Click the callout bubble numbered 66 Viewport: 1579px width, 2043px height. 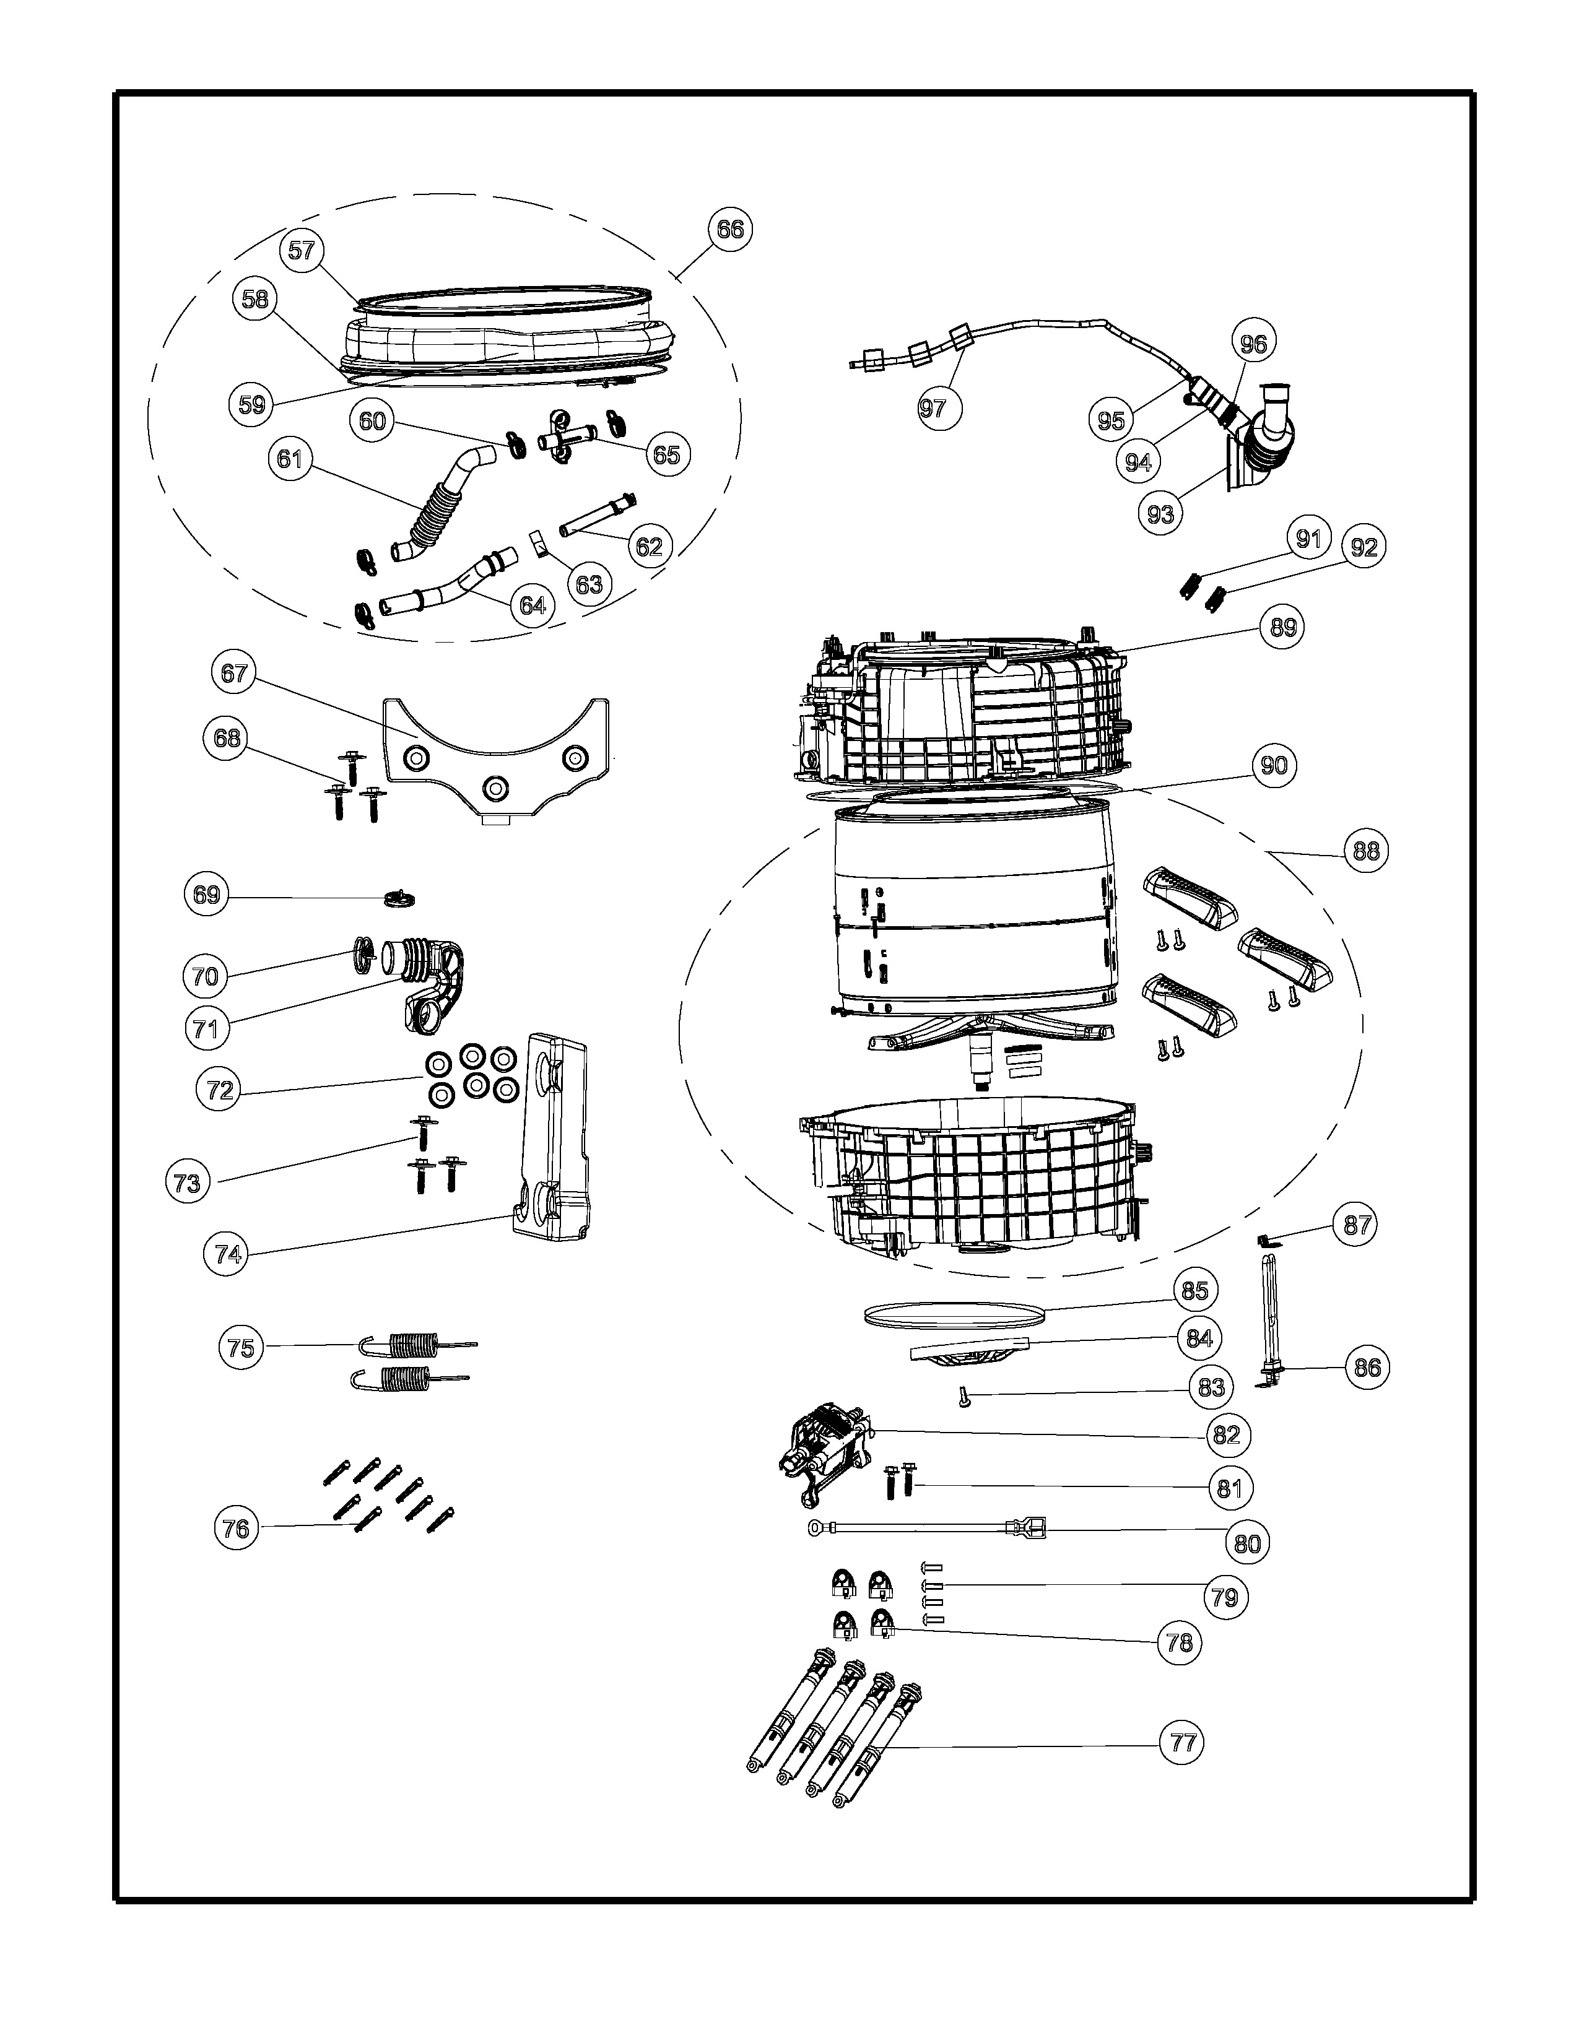click(729, 229)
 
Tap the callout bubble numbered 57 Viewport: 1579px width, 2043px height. click(301, 251)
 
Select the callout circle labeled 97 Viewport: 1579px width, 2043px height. click(933, 408)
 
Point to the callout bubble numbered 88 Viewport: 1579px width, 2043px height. click(1366, 851)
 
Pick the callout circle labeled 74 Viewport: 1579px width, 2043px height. click(228, 1254)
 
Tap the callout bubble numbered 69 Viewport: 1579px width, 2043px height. click(206, 895)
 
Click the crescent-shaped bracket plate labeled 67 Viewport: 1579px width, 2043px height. click(496, 748)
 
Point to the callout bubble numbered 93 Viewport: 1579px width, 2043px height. click(1160, 514)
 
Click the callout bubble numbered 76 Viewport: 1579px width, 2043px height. click(236, 1529)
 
